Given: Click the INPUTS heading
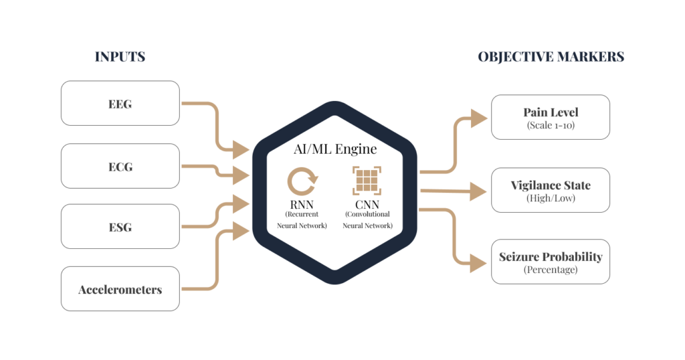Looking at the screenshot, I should [x=120, y=57].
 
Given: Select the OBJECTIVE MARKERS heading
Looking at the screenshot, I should [x=551, y=57].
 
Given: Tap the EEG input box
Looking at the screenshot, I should [x=120, y=103].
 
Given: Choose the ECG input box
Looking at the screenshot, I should [x=120, y=166].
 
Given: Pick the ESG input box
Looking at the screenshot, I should [x=120, y=226].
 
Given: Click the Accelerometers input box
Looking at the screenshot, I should [x=120, y=289].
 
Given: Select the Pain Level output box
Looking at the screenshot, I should [x=551, y=117].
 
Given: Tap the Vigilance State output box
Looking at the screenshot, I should [x=551, y=191].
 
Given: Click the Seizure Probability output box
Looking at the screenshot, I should [x=551, y=262].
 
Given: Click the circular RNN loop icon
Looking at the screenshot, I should [x=302, y=181].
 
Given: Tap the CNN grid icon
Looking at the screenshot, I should [x=367, y=181].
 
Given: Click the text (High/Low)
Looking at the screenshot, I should [x=551, y=199].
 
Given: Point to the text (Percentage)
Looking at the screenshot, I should [x=551, y=270].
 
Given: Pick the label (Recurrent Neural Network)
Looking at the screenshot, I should [x=302, y=219].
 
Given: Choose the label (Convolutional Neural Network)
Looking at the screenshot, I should [x=367, y=219].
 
